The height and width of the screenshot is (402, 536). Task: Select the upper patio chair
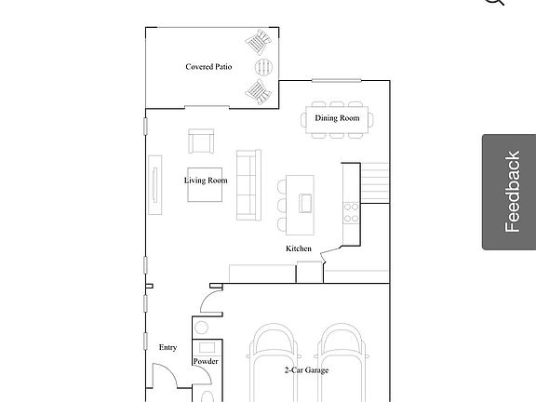point(258,42)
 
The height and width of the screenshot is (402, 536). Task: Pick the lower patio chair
point(258,90)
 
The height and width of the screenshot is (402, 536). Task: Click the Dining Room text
point(337,118)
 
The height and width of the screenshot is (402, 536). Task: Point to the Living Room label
point(206,181)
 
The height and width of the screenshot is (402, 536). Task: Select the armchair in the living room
point(201,141)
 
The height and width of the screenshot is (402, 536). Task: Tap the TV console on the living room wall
point(155,183)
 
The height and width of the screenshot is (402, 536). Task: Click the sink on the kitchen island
point(305,201)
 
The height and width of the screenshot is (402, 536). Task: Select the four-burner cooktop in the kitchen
point(352,212)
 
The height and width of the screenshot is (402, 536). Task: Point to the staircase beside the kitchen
point(374,181)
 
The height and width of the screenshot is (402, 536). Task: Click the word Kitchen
point(299,248)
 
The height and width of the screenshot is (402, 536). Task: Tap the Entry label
point(167,347)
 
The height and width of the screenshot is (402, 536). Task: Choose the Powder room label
point(206,361)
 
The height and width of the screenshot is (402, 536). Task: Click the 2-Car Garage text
point(306,370)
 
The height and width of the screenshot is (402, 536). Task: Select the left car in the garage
point(274,363)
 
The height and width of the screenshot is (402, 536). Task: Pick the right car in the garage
point(339,363)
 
